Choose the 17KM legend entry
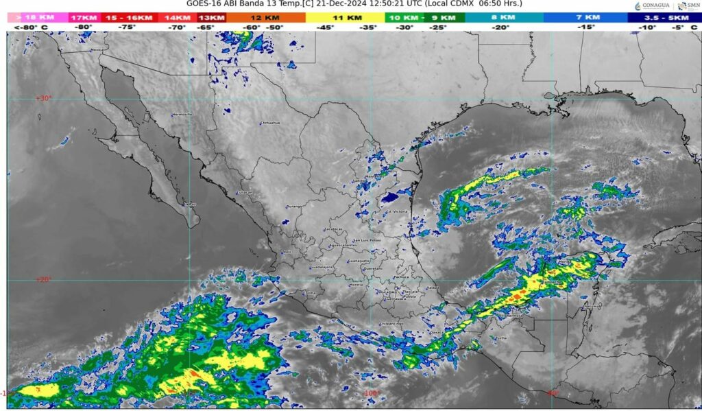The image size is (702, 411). [x=84, y=17]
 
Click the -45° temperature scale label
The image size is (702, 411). [x=326, y=27]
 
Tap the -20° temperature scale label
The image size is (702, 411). [x=501, y=27]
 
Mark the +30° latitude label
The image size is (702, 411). [x=43, y=98]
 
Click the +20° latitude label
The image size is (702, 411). [x=43, y=279]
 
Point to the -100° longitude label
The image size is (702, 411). [x=371, y=393]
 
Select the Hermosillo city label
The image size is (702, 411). [x=182, y=114]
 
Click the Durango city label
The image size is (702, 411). [x=294, y=206]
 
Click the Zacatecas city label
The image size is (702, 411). [x=334, y=229]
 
